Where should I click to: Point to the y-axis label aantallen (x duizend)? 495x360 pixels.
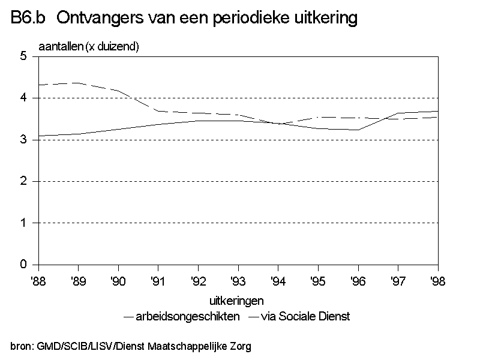coord(89,47)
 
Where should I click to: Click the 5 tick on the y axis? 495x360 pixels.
coord(23,56)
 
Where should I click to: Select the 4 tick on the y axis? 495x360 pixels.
coord(23,98)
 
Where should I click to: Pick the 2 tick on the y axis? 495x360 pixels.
coord(23,181)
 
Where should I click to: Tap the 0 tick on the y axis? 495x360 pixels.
coord(23,265)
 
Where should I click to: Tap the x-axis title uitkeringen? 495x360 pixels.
coord(237,300)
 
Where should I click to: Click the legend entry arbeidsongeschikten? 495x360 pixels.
coord(182,316)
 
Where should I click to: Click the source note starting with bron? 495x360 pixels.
coord(131,346)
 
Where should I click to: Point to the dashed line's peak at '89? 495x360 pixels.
coord(79,83)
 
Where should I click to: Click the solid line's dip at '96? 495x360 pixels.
coord(358,130)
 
